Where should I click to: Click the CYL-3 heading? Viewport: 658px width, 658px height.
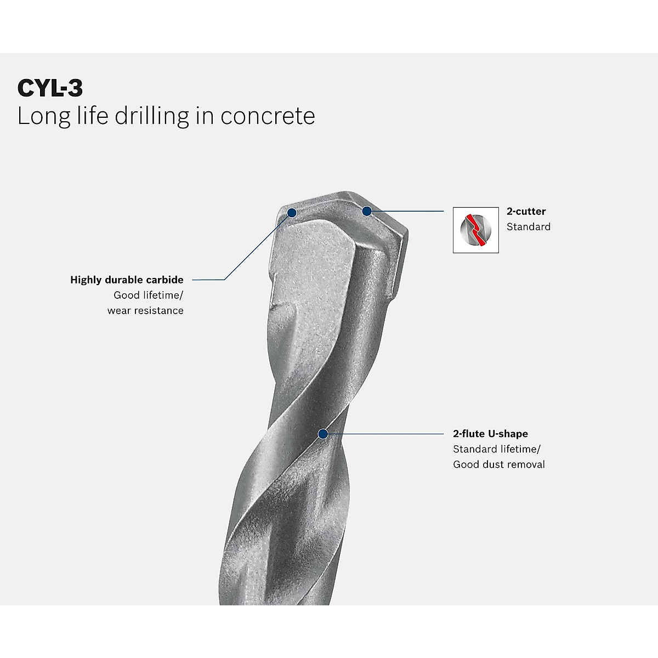point(50,88)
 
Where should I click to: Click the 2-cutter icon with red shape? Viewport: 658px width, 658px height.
point(475,230)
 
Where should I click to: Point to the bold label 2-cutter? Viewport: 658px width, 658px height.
point(526,211)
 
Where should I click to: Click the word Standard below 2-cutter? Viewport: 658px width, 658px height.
point(528,226)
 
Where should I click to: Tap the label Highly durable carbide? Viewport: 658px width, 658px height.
point(127,280)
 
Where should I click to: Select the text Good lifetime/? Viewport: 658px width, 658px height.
point(148,295)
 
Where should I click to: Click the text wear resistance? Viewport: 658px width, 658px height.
point(145,310)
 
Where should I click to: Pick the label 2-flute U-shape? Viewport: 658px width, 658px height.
point(490,434)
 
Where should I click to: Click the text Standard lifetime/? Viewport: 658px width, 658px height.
point(496,449)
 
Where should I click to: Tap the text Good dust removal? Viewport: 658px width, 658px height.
point(498,464)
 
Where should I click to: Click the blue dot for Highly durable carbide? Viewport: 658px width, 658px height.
point(292,212)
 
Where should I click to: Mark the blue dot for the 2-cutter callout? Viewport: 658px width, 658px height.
point(366,211)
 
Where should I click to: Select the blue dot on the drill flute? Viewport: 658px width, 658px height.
point(322,434)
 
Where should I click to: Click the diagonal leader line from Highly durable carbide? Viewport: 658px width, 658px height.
point(258,246)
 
